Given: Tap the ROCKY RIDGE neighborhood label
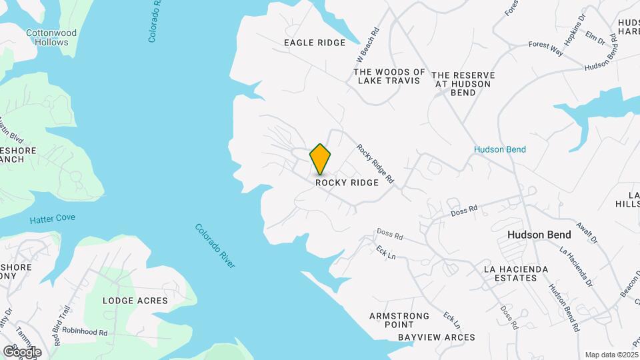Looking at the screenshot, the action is coord(347,182).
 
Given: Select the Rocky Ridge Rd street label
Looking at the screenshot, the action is coord(375,165).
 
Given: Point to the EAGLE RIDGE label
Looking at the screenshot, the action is coord(315,43).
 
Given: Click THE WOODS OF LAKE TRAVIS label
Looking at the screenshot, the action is coord(389,76).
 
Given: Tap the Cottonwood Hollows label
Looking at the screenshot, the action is coord(51,37).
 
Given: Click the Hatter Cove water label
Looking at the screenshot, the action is coord(52,218).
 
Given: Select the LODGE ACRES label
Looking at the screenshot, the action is coord(135,301).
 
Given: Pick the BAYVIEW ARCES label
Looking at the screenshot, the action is coord(437,337).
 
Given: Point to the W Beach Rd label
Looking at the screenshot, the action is coord(369,45).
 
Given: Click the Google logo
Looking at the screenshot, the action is coord(21,351).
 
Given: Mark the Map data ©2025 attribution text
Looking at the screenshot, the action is coord(611,355).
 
